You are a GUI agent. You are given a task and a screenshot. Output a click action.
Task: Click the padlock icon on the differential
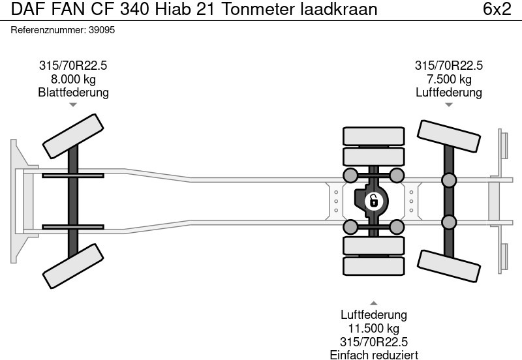click(373, 200)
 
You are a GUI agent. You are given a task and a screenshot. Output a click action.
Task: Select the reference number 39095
click(103, 30)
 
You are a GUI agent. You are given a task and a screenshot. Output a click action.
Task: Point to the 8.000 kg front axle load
click(73, 79)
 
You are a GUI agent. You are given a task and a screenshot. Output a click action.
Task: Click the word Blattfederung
click(73, 93)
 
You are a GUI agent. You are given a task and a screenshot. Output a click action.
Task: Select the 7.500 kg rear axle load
click(448, 79)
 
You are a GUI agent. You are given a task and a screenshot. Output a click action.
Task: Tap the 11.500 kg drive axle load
click(373, 328)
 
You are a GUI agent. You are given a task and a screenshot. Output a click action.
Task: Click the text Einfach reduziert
click(373, 354)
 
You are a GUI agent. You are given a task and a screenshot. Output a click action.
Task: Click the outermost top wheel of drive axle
click(373, 136)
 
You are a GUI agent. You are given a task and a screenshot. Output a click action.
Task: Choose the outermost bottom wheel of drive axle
click(373, 265)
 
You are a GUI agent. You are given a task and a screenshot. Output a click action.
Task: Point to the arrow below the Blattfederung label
click(73, 104)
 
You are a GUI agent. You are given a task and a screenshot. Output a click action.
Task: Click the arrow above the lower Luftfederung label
click(373, 303)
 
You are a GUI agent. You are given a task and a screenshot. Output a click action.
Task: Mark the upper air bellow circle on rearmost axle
click(448, 180)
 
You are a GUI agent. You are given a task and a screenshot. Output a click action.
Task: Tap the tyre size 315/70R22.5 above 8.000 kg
click(73, 65)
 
